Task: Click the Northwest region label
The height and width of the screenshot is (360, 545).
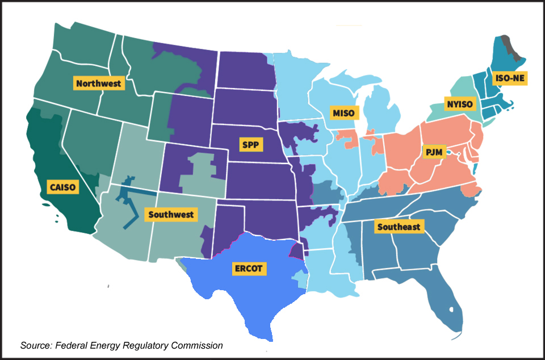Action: pyautogui.click(x=98, y=83)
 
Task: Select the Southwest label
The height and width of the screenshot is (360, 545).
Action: pyautogui.click(x=171, y=215)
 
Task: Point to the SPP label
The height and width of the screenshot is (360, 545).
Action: pyautogui.click(x=250, y=145)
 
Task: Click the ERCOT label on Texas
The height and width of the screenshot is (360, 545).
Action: pyautogui.click(x=248, y=268)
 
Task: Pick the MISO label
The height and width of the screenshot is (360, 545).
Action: pyautogui.click(x=343, y=112)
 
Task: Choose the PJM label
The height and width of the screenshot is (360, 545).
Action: pyautogui.click(x=433, y=152)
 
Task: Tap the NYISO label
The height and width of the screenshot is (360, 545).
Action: pyautogui.click(x=458, y=104)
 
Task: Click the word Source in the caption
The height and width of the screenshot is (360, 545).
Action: pyautogui.click(x=35, y=345)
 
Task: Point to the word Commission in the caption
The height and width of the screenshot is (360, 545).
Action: pyautogui.click(x=196, y=345)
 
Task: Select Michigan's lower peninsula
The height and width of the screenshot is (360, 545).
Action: pyautogui.click(x=378, y=111)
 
